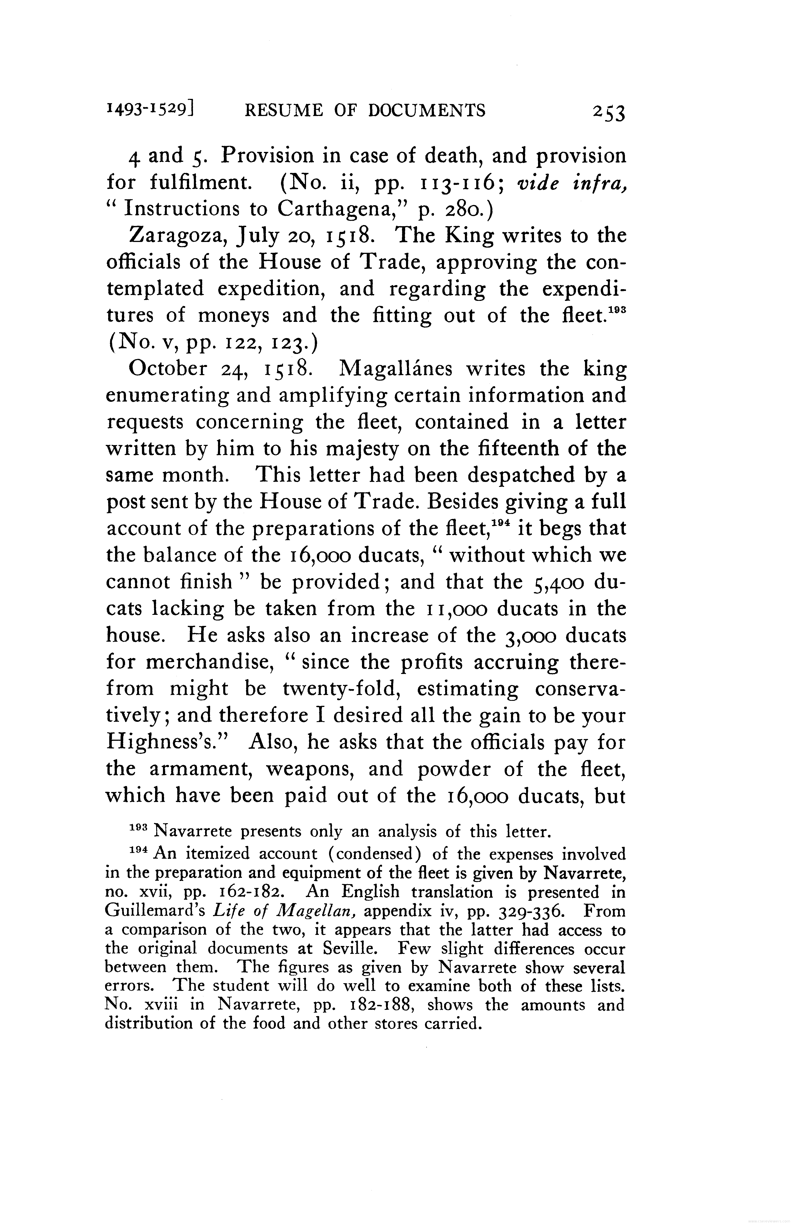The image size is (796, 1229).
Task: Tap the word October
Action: coord(168,369)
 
